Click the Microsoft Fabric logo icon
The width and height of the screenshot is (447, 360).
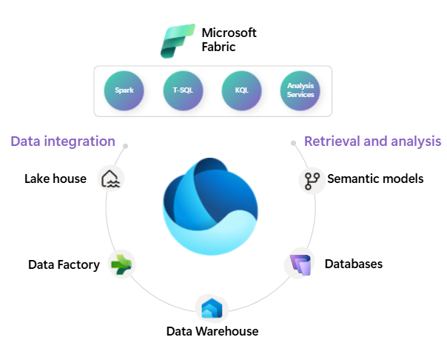tap(178, 41)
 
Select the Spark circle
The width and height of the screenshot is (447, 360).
tap(124, 91)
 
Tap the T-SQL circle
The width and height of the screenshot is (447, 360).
tap(183, 91)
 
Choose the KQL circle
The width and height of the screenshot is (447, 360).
tap(242, 91)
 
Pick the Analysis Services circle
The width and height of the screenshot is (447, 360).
tap(300, 91)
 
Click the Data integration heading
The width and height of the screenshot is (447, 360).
tap(63, 141)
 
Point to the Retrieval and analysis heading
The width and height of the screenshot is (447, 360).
tap(372, 141)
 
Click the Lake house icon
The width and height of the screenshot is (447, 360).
tap(112, 179)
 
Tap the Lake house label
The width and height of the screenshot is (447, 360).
tap(56, 179)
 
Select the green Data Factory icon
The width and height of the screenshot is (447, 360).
tap(121, 264)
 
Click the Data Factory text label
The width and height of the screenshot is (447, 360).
tap(64, 264)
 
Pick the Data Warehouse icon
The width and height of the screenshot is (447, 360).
tap(212, 307)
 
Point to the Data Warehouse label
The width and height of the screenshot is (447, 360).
tap(212, 331)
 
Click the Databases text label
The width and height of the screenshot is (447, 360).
tap(353, 264)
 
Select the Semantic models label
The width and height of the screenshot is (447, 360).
tap(375, 179)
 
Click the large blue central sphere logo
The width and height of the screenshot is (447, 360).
tap(211, 204)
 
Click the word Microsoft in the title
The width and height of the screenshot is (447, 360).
tap(229, 33)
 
